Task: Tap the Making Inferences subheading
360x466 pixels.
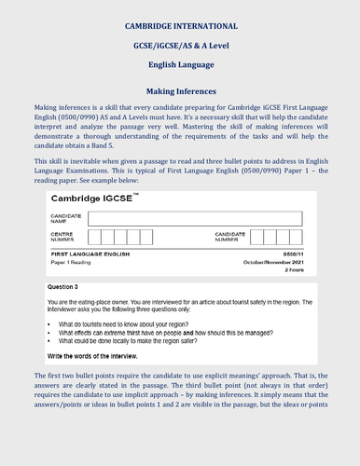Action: tap(180, 91)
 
